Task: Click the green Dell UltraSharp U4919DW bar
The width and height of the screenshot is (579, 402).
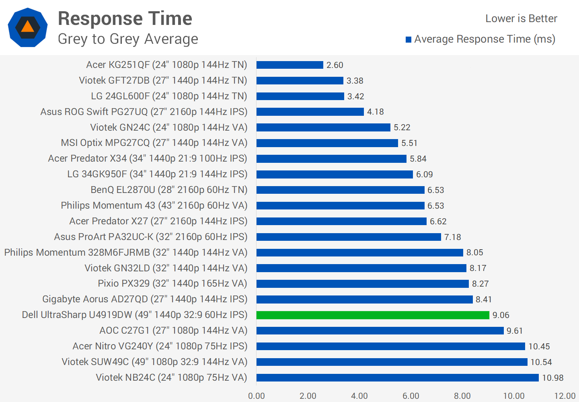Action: [x=373, y=315]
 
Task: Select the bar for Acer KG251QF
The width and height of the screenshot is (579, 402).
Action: [x=289, y=65]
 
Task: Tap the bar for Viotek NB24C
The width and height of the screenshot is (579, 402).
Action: [x=397, y=378]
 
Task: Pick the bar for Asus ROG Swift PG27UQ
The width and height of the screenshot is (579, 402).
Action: [x=310, y=112]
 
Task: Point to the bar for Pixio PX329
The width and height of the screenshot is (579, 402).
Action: [x=362, y=284]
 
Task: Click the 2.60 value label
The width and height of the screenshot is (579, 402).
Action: [x=335, y=65]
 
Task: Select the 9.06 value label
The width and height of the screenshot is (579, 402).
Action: [x=501, y=315]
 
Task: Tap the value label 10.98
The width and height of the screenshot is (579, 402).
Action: [x=552, y=378]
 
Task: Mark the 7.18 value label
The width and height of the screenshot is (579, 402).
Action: [x=452, y=237]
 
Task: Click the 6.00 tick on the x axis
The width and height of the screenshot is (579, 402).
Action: [x=411, y=396]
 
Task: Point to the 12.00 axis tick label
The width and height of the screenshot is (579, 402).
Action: [x=565, y=396]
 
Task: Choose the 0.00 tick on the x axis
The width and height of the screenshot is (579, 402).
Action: [x=257, y=396]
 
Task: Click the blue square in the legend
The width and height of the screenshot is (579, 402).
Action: [x=409, y=39]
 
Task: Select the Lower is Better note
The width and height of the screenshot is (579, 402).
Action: [x=521, y=18]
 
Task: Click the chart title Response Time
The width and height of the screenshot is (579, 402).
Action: [x=125, y=18]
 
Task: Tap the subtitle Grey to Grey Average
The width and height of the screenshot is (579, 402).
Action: [x=128, y=39]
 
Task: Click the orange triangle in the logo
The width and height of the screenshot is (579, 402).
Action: [x=27, y=27]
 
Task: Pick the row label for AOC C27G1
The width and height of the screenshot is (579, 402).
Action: [x=173, y=330]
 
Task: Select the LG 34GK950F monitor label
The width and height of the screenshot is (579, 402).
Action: [x=157, y=174]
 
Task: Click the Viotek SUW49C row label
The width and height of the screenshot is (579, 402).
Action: [x=154, y=362]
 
